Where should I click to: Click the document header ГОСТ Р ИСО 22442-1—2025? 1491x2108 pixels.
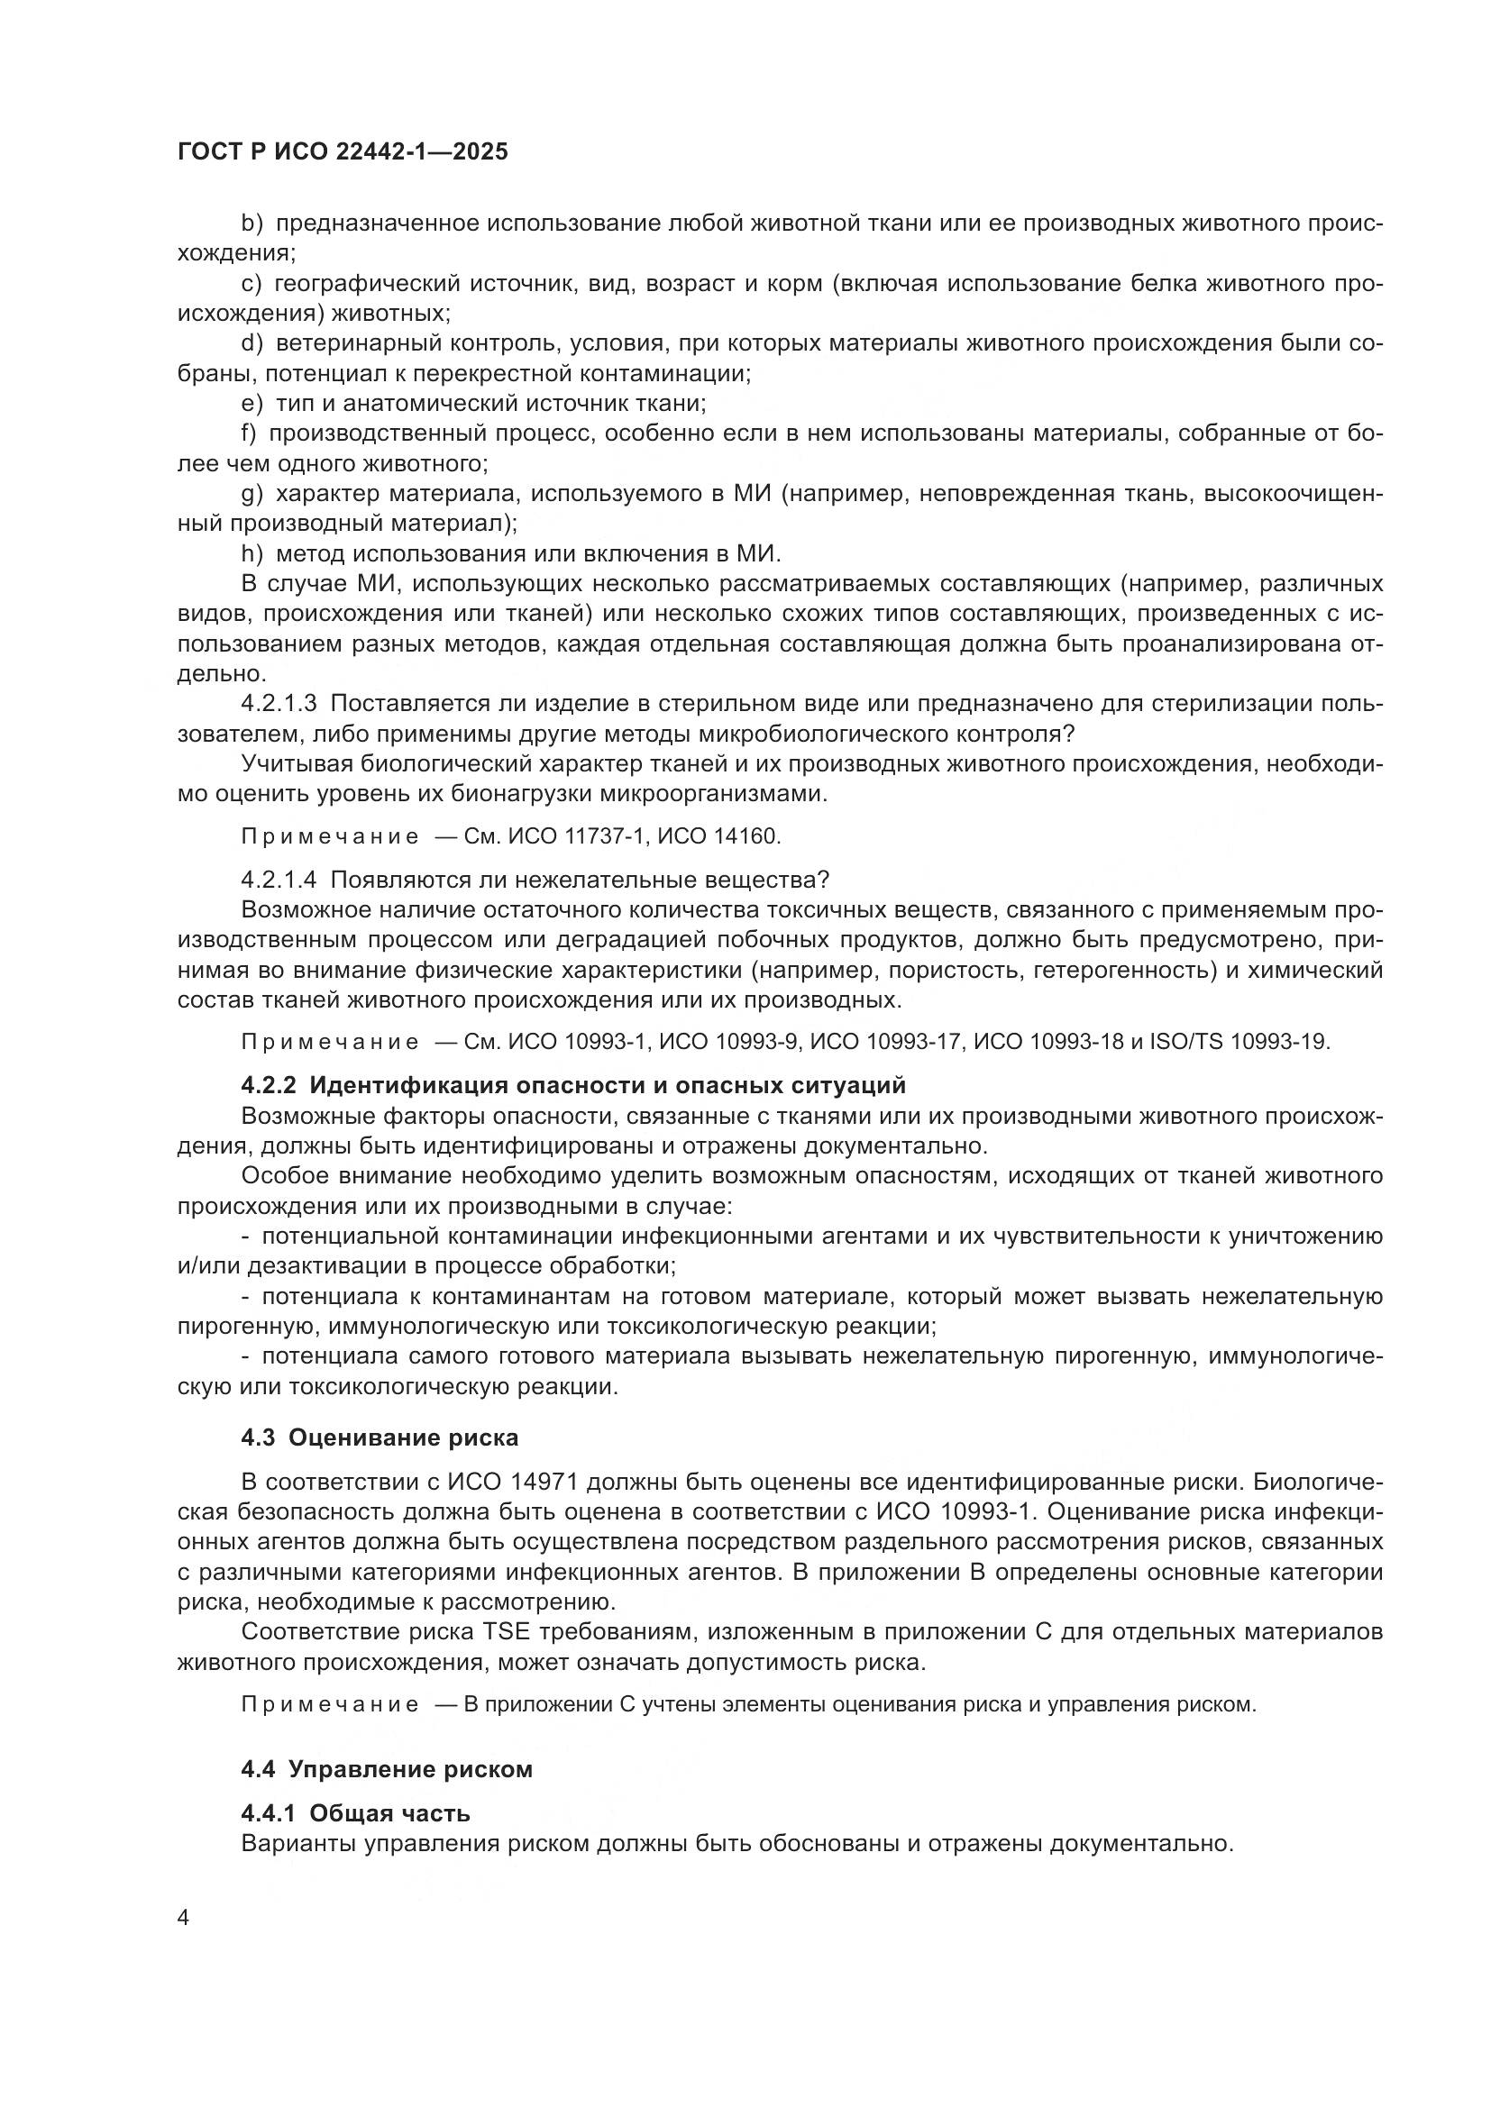343,152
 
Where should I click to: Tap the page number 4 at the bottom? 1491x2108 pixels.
184,1918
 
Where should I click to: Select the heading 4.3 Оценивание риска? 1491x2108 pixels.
380,1437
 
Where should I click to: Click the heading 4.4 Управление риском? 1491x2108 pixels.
387,1769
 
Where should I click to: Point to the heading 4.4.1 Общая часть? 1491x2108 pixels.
355,1813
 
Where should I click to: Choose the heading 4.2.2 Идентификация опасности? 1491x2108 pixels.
573,1085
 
